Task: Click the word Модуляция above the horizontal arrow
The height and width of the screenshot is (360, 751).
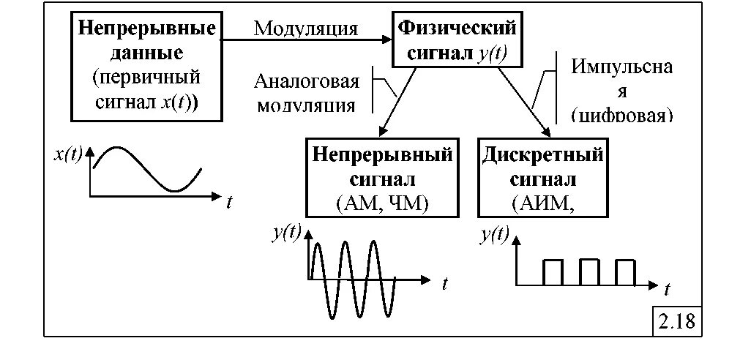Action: pyautogui.click(x=306, y=29)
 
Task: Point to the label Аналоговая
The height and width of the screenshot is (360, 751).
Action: pyautogui.click(x=307, y=80)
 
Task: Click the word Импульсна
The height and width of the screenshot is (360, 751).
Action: pyautogui.click(x=622, y=67)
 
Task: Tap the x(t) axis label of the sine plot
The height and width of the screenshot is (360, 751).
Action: pyautogui.click(x=68, y=155)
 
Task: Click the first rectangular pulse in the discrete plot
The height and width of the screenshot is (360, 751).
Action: pyautogui.click(x=553, y=272)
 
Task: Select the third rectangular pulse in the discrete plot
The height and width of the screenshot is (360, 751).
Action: pyautogui.click(x=625, y=272)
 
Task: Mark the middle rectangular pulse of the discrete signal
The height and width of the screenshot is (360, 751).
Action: pyautogui.click(x=589, y=272)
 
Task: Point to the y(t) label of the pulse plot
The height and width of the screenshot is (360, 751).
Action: pyautogui.click(x=494, y=235)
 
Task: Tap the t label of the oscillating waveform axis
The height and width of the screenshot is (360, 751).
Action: pyautogui.click(x=444, y=284)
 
